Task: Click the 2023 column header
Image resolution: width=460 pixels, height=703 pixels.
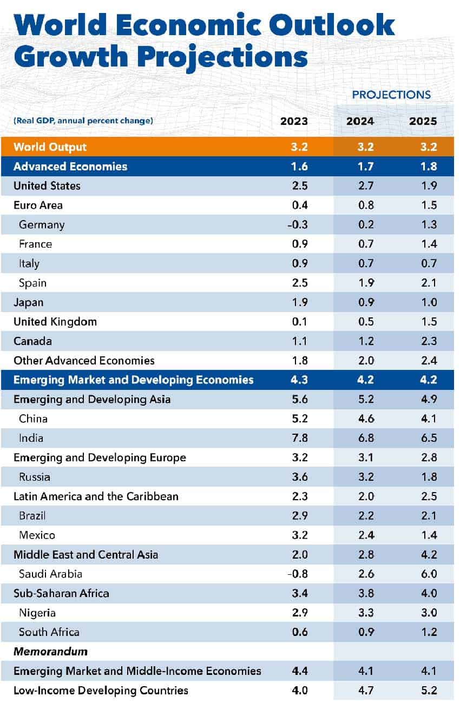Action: coord(294,121)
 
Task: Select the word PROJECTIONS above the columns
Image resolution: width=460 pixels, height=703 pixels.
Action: coord(391,95)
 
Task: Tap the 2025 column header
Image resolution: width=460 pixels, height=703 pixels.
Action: coord(423,121)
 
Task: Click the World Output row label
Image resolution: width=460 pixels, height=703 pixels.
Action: coord(50,147)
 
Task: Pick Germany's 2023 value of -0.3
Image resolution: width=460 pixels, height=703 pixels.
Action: coord(297,224)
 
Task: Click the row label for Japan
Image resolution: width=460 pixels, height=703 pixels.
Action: coord(28,302)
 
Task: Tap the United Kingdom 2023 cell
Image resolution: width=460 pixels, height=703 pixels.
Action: coord(299,322)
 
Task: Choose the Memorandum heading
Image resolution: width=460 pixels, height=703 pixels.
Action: coord(50,652)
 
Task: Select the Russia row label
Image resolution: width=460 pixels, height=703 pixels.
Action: coord(35,477)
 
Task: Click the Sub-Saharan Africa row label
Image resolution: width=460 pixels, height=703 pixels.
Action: coord(61,593)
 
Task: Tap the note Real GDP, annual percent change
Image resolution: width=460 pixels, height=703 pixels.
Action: coord(83,121)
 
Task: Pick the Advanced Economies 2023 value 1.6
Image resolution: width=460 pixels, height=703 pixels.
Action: coord(299,167)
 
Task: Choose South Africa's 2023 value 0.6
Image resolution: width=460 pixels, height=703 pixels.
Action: coord(299,632)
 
